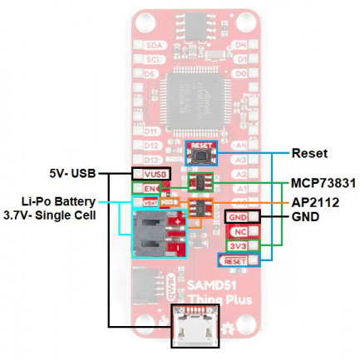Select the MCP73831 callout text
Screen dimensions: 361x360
point(321,180)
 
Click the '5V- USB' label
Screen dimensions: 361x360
point(72,173)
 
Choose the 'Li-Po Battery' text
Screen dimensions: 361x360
point(59,201)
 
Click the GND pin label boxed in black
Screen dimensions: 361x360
point(238,218)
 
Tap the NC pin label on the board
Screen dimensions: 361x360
point(238,233)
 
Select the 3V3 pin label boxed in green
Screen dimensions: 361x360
point(238,247)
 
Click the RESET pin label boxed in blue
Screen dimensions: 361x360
point(235,262)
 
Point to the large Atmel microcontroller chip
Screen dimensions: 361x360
point(199,98)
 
